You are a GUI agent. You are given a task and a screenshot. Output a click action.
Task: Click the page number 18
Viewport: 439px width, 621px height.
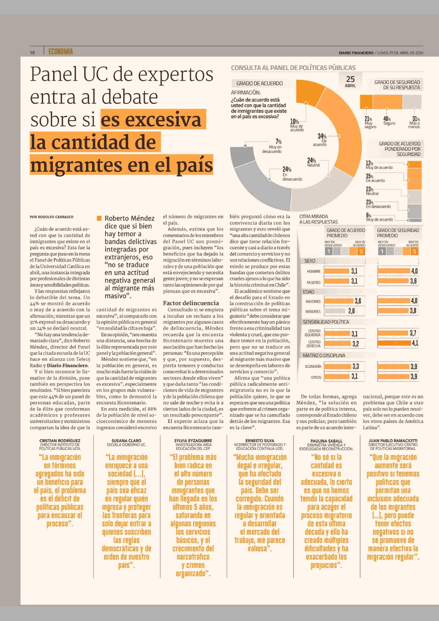tap(32, 52)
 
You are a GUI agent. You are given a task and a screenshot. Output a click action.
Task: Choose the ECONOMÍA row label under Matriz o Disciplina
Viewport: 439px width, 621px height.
tap(313, 366)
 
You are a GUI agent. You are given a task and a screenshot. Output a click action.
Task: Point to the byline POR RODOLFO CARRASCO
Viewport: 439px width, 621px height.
tap(51, 217)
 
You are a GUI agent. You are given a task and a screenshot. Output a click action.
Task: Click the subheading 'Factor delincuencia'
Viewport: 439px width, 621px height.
tap(191, 303)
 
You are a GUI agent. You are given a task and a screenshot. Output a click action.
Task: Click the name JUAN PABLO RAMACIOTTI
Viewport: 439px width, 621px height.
tap(393, 441)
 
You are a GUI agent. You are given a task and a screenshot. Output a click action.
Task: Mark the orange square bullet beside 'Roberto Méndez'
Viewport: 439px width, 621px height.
tap(99, 218)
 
